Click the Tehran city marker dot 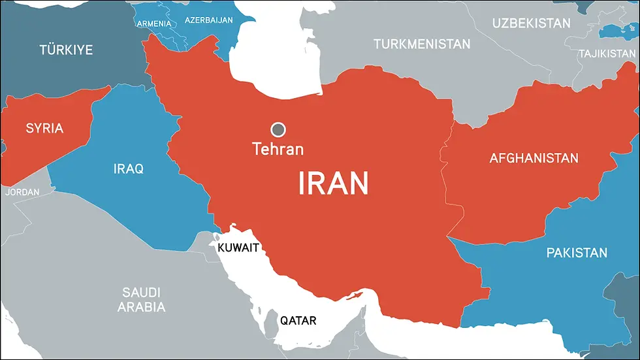coord(279,129)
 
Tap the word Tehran coord(278,149)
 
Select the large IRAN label coord(333,183)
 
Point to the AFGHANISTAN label coord(534,158)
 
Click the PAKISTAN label coord(577,253)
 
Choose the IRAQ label coord(129,169)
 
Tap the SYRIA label coord(44,128)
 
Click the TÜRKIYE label coord(66,50)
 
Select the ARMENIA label coord(154,24)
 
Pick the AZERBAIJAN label coord(209,20)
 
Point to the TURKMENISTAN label coord(422,44)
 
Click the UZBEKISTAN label coord(531,24)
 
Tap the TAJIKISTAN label coord(607,54)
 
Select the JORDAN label coord(22,192)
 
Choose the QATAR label coord(298,321)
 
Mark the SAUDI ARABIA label coord(142,299)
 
